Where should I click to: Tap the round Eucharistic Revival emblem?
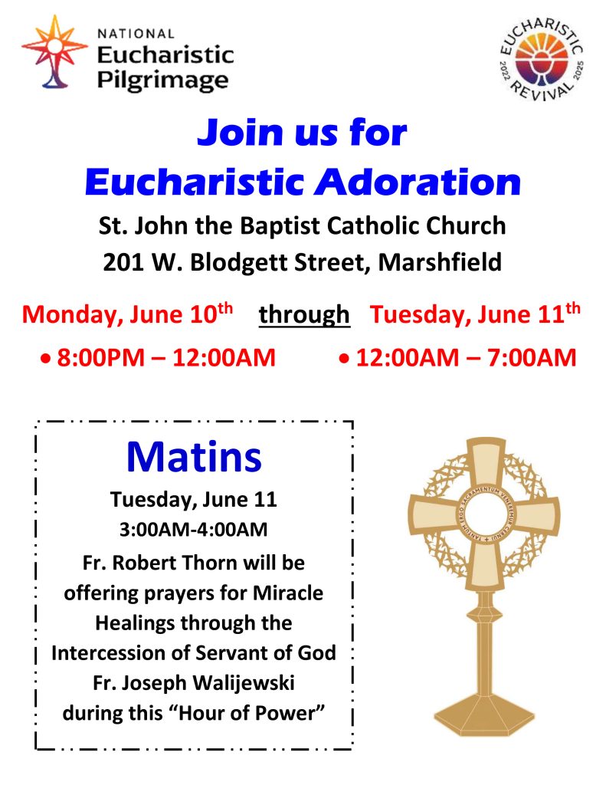542,58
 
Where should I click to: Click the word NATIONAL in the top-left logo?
136,34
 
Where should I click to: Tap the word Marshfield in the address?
440,262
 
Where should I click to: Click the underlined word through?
304,315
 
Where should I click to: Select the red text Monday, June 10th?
127,314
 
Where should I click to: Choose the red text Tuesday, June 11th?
475,314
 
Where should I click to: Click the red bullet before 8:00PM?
46,359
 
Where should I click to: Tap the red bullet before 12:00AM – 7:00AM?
344,359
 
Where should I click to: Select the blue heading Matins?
194,457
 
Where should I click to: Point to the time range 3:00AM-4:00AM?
193,529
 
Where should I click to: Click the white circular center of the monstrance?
483,514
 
